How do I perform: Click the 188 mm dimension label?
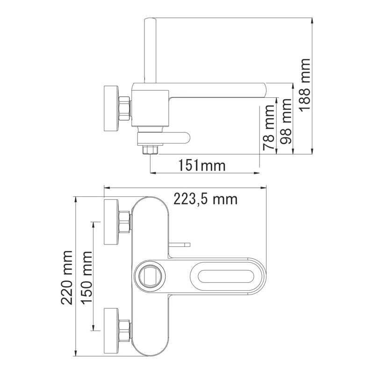[x=305, y=84]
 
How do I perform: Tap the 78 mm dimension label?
[x=269, y=127]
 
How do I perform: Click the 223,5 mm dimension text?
[x=206, y=199]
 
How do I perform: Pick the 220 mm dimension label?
[x=67, y=277]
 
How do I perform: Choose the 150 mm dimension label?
[x=86, y=277]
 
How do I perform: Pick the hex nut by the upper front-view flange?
[x=125, y=221]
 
